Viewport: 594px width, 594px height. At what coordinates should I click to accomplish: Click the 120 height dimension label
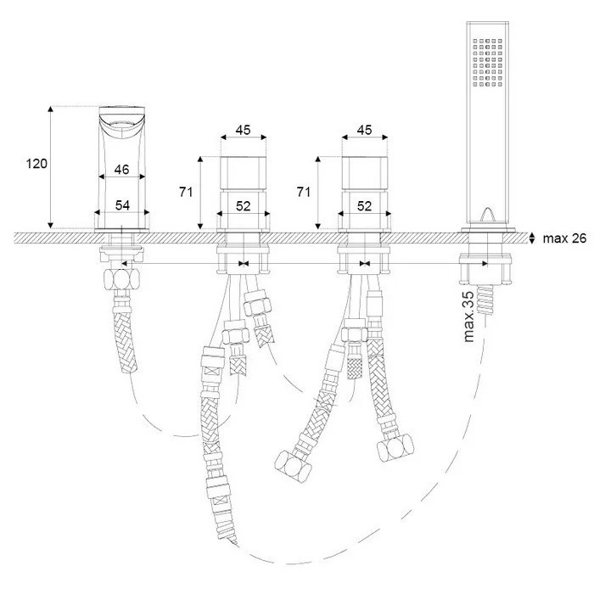click(x=36, y=164)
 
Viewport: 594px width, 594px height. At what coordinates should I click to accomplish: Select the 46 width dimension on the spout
click(x=121, y=170)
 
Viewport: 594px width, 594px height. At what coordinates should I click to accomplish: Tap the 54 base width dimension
click(x=122, y=205)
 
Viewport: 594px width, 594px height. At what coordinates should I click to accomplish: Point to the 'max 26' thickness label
click(x=564, y=238)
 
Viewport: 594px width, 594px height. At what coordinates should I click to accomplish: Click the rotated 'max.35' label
click(x=468, y=317)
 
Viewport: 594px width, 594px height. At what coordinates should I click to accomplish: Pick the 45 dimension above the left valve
click(x=244, y=130)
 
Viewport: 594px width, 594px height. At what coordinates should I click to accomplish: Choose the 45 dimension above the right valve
click(x=364, y=130)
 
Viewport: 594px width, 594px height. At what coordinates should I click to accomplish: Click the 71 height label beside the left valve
click(x=186, y=192)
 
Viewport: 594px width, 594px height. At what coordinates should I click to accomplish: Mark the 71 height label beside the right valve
click(x=304, y=192)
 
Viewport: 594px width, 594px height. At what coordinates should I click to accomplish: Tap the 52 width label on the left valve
click(x=244, y=206)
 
